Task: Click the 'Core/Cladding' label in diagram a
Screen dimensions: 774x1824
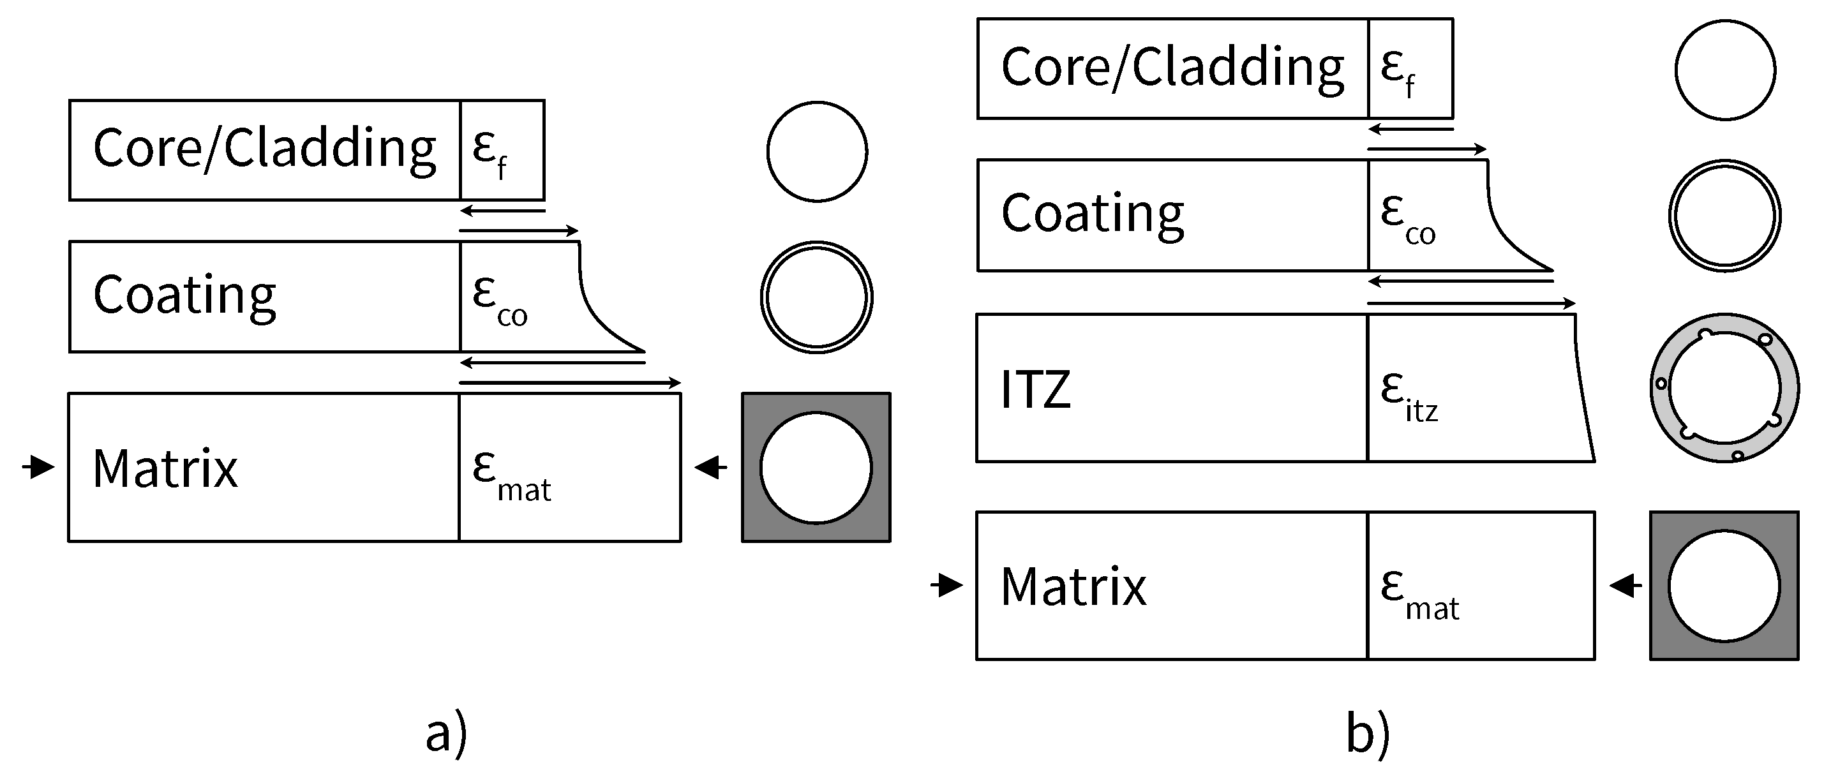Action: pos(264,148)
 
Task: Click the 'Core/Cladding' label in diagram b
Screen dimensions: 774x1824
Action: pos(1172,67)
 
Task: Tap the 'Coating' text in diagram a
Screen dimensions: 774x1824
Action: pos(184,295)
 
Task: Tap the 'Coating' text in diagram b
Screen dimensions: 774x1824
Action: pos(1092,213)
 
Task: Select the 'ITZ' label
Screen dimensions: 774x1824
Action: pos(1035,389)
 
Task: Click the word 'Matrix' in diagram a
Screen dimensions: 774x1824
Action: pos(165,469)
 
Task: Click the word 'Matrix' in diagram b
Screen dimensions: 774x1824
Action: pos(1073,587)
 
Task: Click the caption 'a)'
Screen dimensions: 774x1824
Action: pos(446,734)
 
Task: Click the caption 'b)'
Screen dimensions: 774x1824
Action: pos(1367,734)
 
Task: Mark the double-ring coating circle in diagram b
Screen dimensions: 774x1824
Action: pos(1724,215)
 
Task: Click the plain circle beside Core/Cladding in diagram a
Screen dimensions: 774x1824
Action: pos(816,151)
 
